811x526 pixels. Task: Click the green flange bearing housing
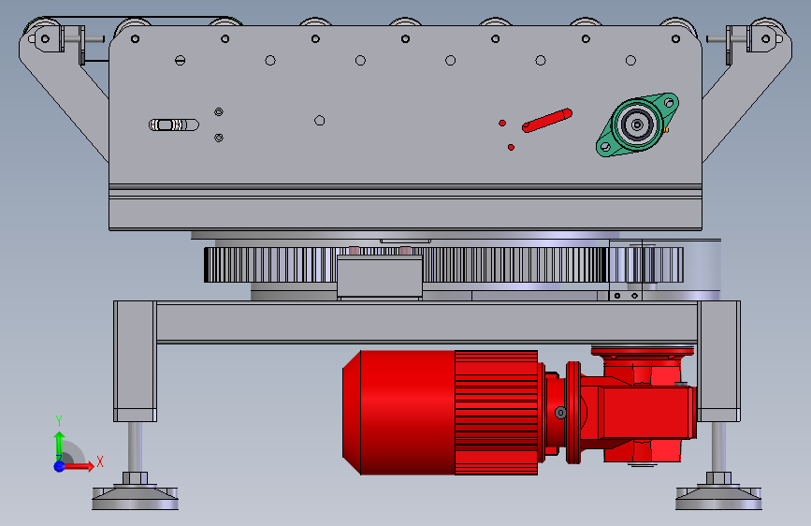[x=637, y=124]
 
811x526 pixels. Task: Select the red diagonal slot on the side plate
[x=547, y=120]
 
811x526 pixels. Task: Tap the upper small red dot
[x=501, y=123]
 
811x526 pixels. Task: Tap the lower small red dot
[x=511, y=148]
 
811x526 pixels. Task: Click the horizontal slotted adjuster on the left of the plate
[x=174, y=124]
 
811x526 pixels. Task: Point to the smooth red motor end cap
[x=398, y=413]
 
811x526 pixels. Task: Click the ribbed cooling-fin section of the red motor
[x=497, y=413]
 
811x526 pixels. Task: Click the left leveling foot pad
[x=135, y=498]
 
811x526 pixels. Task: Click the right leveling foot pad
[x=718, y=498]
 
